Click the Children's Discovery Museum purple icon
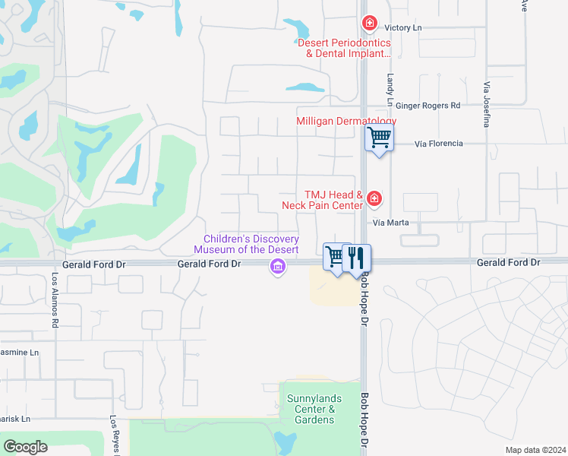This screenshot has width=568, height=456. pyautogui.click(x=277, y=266)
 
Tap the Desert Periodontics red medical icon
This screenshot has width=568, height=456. pyautogui.click(x=370, y=24)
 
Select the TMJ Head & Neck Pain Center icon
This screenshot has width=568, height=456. pyautogui.click(x=374, y=199)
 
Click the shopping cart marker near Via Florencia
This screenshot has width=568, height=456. pyautogui.click(x=379, y=138)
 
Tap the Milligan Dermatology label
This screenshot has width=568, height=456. pyautogui.click(x=346, y=122)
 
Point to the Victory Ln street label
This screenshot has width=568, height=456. pyautogui.click(x=402, y=28)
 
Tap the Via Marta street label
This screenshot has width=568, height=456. pyautogui.click(x=392, y=223)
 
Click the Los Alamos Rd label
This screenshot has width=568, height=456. pyautogui.click(x=55, y=300)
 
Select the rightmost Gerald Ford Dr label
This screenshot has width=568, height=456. pyautogui.click(x=508, y=262)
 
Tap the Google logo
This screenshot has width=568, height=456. pyautogui.click(x=25, y=447)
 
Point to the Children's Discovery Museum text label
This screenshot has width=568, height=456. pyautogui.click(x=246, y=244)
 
